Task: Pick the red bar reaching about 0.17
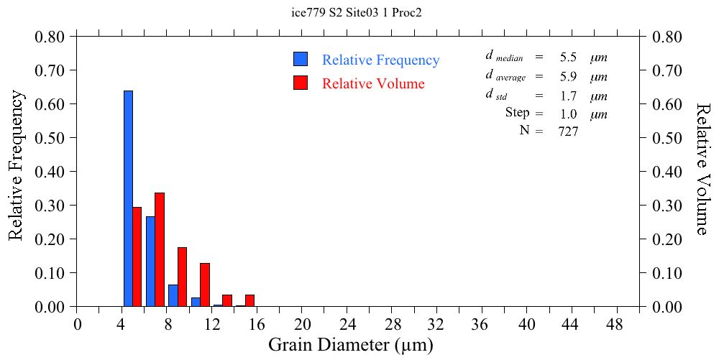point(182,277)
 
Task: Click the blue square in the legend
point(301,60)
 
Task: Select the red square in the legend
point(301,83)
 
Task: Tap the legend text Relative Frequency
point(380,60)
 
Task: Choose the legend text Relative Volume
point(373,84)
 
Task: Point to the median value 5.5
point(568,57)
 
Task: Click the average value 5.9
point(568,77)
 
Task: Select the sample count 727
point(568,131)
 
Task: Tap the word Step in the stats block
point(517,113)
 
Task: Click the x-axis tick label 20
point(302,324)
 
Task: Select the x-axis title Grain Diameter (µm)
point(351,345)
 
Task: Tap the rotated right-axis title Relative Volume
point(702,168)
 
